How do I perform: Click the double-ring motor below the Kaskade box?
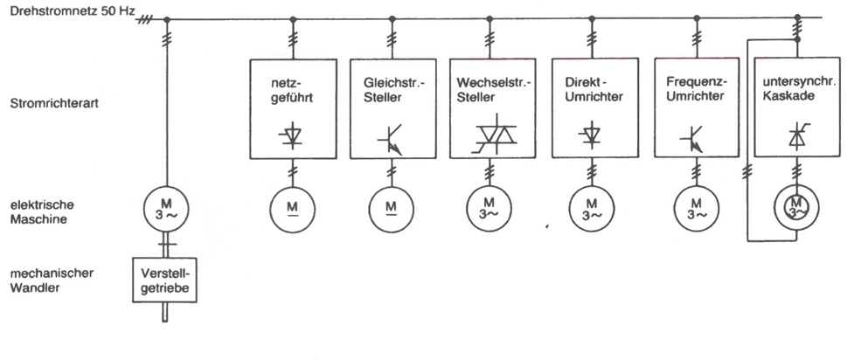pos(796,208)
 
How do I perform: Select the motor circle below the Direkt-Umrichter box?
pos(591,208)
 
